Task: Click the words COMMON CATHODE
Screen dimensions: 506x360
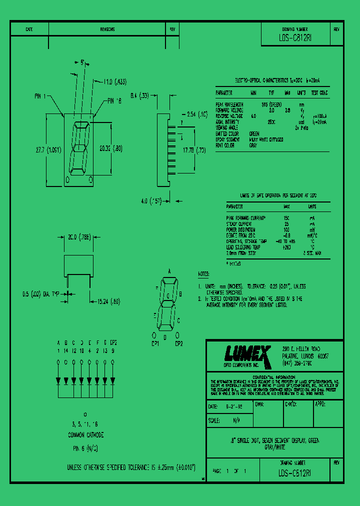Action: tap(86, 435)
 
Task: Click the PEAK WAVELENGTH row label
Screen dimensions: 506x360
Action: tap(229, 105)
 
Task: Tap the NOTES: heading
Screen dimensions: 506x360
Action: tap(203, 274)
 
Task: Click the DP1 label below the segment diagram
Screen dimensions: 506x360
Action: tap(155, 344)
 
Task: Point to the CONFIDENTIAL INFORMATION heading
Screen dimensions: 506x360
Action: tap(274, 376)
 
